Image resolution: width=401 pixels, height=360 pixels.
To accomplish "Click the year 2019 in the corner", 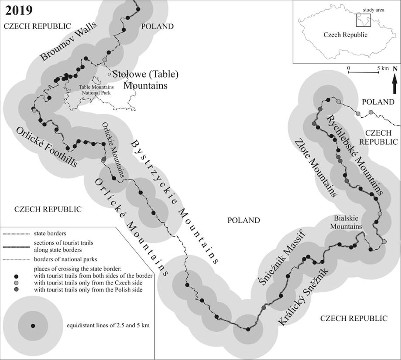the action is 19,10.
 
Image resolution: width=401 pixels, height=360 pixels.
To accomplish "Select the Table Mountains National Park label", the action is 96,90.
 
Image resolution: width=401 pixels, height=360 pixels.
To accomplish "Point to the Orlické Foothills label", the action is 46,147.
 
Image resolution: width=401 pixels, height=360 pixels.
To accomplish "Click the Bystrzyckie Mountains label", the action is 175,202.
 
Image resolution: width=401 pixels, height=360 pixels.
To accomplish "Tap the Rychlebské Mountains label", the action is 354,155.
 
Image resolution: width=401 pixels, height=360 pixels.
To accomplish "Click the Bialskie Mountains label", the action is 346,222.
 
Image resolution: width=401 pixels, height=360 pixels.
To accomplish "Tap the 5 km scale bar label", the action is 383,68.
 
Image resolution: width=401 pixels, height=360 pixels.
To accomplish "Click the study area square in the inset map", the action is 363,20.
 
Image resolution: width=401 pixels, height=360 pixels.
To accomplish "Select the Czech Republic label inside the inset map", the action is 345,35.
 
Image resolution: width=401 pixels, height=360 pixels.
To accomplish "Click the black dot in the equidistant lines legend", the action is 33,326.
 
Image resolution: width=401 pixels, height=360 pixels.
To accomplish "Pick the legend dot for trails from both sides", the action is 17,276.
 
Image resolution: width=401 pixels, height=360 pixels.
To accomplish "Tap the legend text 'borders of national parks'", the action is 65,259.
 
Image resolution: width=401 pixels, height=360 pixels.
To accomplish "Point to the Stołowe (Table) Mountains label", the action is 145,79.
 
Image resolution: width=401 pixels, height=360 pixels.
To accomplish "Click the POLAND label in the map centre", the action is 243,220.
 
